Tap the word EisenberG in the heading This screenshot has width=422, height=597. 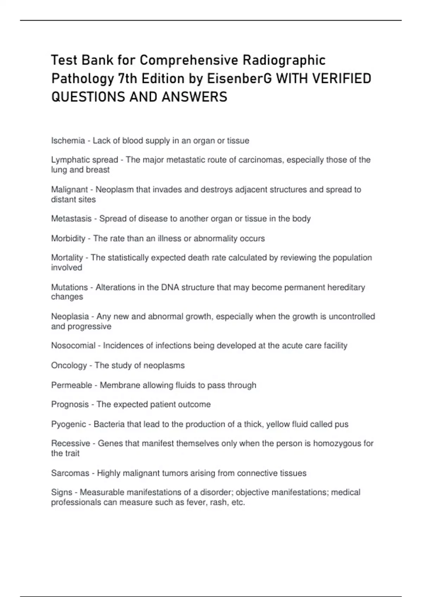point(239,79)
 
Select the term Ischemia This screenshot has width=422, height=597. point(68,141)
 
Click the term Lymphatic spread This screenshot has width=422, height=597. point(84,160)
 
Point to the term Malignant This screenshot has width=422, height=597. point(69,190)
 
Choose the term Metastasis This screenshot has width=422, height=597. point(71,219)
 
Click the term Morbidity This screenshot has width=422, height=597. point(68,238)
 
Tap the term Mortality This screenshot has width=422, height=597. point(67,258)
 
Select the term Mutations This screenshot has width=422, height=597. point(69,287)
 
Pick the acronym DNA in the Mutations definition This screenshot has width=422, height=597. point(170,287)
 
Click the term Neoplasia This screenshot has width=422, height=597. point(70,316)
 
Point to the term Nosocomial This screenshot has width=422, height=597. point(73,346)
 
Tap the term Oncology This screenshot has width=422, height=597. point(69,366)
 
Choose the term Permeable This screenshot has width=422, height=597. point(71,385)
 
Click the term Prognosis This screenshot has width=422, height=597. point(70,405)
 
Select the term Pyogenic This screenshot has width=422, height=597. point(69,424)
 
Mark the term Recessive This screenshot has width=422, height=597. point(70,444)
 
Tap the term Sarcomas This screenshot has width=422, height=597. point(70,473)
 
